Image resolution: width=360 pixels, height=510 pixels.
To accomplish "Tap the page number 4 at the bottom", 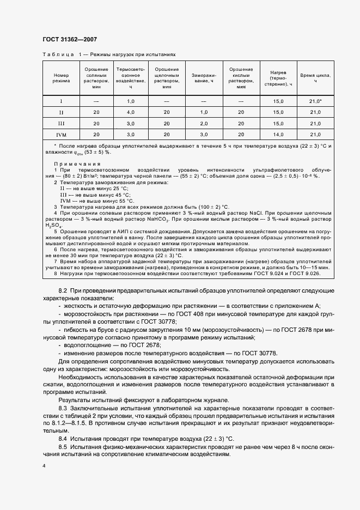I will pos(44,466).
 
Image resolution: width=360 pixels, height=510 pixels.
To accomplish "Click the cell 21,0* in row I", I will pos(315,101).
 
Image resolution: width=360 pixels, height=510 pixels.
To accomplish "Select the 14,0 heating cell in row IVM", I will pos(278,134).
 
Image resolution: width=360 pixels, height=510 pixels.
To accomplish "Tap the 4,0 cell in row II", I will pos(131,112).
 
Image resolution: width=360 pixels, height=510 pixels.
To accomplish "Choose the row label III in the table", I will pos(62,123).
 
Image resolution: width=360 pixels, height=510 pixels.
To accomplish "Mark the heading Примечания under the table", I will pos(77,164).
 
